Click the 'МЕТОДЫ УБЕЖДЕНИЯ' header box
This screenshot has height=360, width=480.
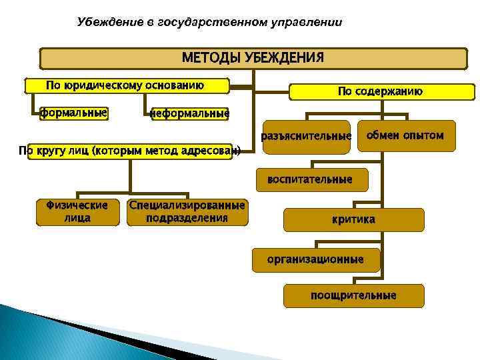pos(253,57)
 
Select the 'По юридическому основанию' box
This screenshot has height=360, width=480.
pos(126,85)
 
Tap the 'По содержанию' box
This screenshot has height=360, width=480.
pos(380,91)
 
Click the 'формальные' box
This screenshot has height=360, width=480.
pos(73,113)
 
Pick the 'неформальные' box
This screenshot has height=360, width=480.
pos(189,114)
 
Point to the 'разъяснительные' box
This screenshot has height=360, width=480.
pos(307,136)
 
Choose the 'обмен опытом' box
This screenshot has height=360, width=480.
pos(405,135)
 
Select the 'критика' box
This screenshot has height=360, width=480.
pos(353,219)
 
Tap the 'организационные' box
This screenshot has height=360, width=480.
pos(315,259)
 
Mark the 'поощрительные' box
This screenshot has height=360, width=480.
pos(353,295)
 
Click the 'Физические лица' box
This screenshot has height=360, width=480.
pos(78,211)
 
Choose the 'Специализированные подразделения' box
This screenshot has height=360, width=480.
pos(187,211)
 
